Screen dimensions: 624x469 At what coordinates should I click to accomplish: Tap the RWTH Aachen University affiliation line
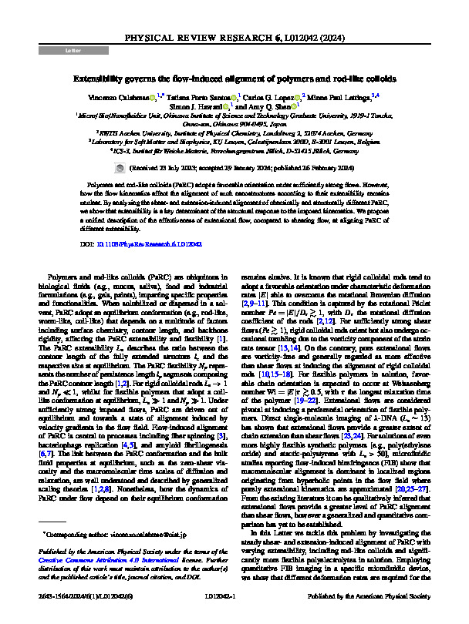(235, 132)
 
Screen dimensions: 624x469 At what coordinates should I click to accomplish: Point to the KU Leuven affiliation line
(235, 142)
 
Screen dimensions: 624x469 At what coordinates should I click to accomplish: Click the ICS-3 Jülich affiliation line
(235, 152)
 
